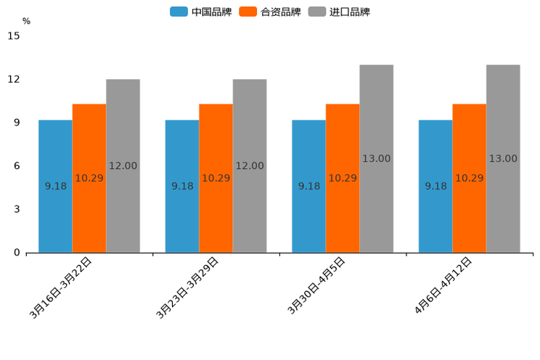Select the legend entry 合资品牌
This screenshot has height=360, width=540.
pos(270,12)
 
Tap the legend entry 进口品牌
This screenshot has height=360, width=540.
pos(339,12)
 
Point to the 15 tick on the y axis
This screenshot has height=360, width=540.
pos(14,36)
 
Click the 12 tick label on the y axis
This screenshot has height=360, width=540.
pos(14,79)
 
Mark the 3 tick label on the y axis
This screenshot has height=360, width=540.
pos(17,209)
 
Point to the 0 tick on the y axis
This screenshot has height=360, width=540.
pos(17,253)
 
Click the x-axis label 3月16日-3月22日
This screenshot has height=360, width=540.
pos(61,287)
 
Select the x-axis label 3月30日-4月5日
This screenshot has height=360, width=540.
pos(316,286)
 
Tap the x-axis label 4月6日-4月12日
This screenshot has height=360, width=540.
pos(443,286)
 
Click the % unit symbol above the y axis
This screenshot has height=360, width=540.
pos(26,21)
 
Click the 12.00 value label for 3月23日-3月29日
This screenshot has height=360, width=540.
pos(250,166)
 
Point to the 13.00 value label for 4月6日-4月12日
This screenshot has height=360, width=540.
pos(503,159)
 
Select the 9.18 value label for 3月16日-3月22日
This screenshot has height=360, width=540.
pos(55,187)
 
